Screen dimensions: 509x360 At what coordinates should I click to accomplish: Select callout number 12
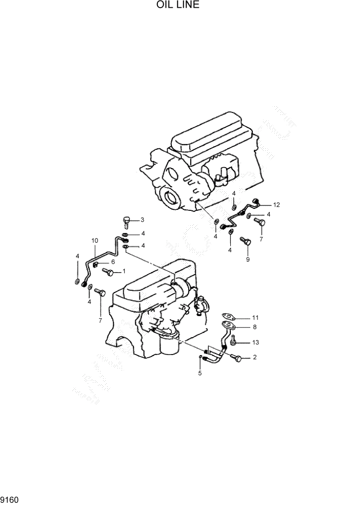(x=276, y=205)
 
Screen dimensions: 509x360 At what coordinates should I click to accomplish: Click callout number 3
(x=143, y=220)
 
